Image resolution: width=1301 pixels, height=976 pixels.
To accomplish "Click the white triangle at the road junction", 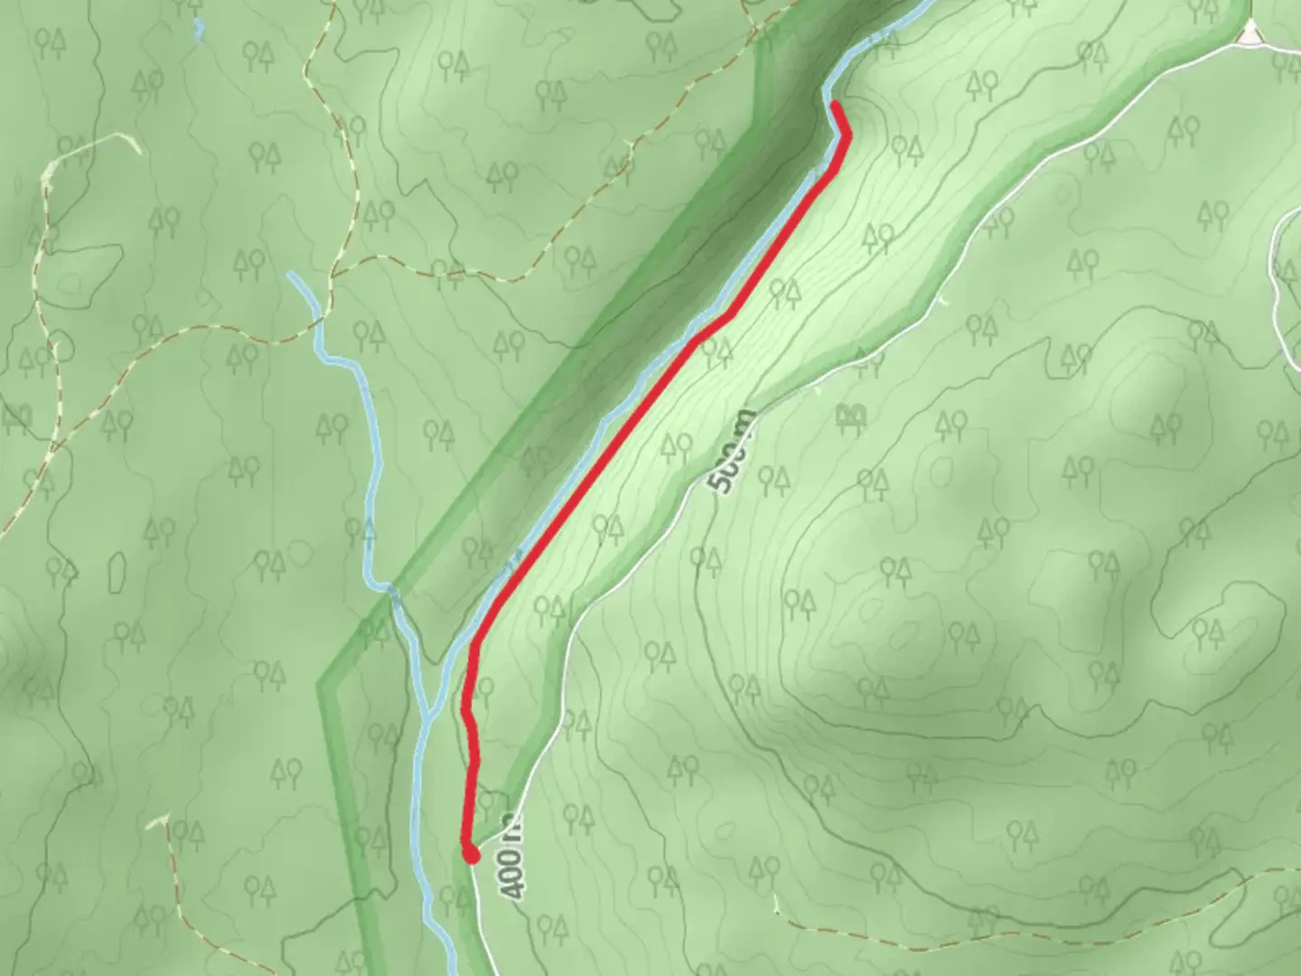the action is point(1250,34).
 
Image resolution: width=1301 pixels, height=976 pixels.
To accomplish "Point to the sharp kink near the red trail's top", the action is point(847,136).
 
